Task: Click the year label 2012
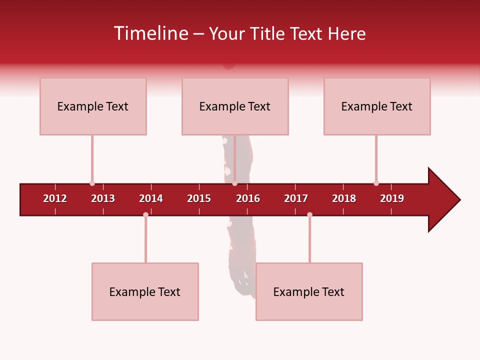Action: [55, 198]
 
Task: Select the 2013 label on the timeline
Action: [103, 198]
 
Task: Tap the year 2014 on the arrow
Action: [151, 198]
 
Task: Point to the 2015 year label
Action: [199, 198]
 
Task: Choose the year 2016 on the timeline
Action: [248, 198]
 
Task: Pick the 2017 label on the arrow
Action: [296, 198]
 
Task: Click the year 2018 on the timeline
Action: [344, 198]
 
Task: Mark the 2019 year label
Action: [392, 198]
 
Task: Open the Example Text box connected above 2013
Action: [93, 106]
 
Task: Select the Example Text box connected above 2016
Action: [235, 106]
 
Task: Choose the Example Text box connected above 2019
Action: [377, 106]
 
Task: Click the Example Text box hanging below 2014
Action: [145, 291]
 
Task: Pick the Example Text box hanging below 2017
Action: [309, 291]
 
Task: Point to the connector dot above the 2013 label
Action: [92, 183]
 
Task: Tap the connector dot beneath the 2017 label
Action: [309, 214]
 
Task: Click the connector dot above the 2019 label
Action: [376, 183]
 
